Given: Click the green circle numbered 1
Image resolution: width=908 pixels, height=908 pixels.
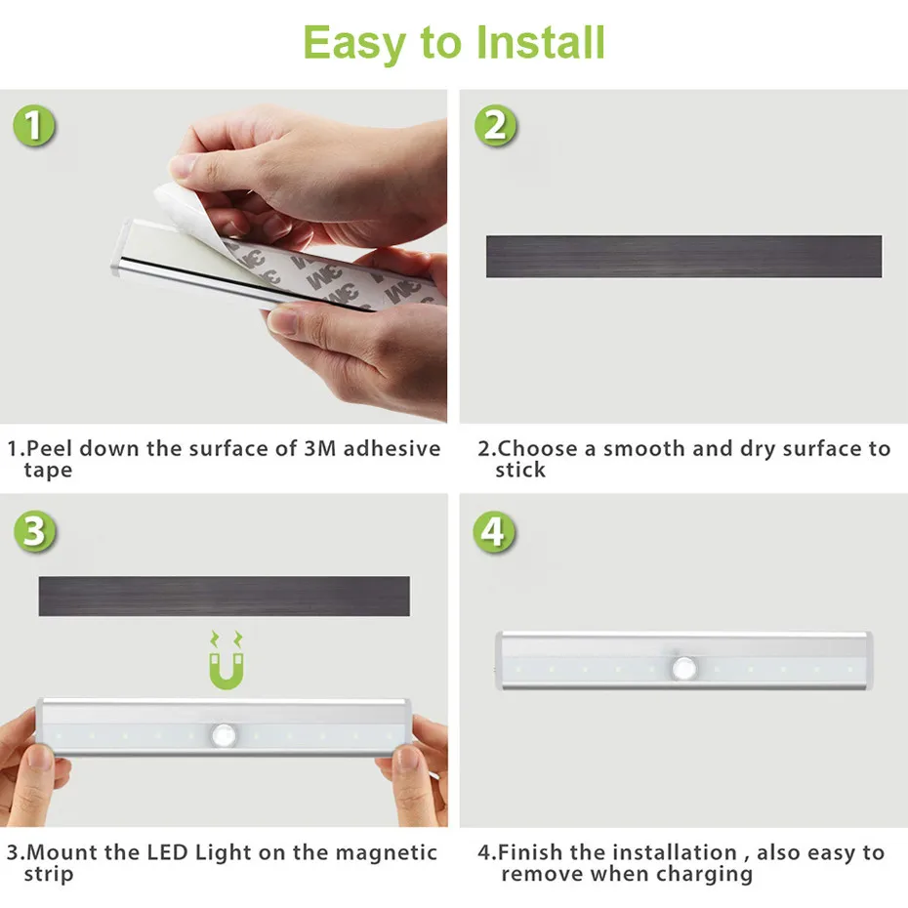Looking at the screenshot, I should (34, 127).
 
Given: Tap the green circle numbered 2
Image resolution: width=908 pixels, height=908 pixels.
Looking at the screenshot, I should (495, 126).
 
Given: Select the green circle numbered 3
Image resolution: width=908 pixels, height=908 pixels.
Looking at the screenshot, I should (34, 532).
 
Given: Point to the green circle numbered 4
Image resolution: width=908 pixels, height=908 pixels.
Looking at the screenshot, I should (495, 532).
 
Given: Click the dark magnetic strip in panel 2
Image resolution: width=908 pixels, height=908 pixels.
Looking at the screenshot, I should (683, 257).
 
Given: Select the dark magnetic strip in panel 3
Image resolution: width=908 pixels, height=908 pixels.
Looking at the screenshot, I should (224, 596).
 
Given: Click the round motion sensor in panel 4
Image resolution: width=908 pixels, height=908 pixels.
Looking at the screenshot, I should (683, 668).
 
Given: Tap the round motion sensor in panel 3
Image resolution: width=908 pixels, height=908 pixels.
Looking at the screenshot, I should (224, 733).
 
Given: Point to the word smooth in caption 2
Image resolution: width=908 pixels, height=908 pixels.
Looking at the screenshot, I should (644, 449).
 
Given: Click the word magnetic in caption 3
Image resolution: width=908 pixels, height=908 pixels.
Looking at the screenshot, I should (387, 852).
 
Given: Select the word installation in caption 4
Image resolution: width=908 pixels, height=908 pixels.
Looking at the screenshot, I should (674, 852).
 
